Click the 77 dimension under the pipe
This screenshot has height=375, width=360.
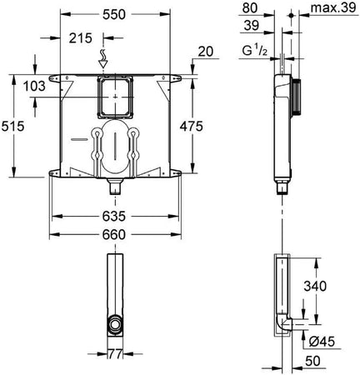point(117,356)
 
